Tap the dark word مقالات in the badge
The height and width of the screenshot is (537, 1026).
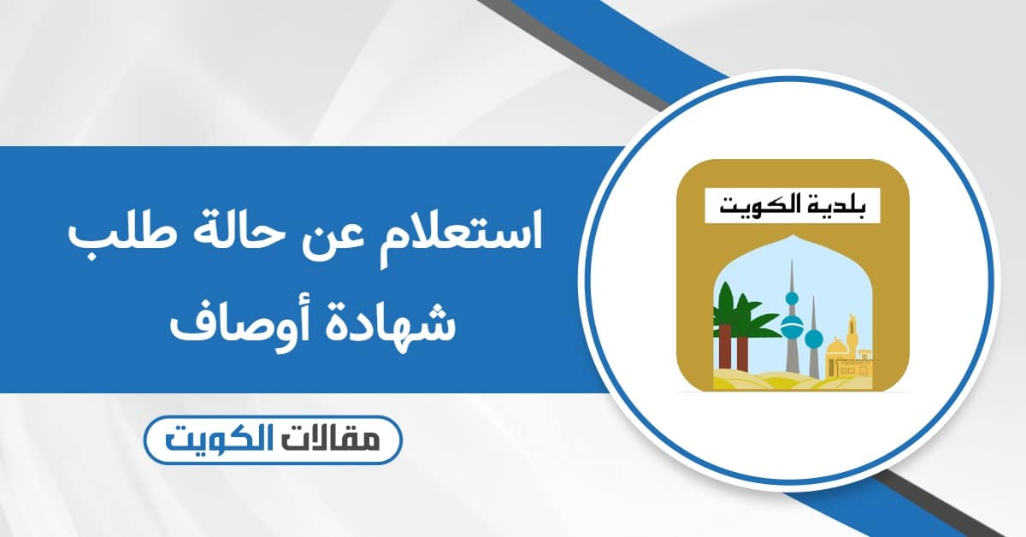coord(334,440)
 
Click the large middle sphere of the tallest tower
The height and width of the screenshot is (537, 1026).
coord(792,328)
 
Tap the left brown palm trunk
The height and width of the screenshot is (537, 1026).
coord(724,346)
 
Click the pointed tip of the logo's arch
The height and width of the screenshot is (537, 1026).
coord(793,234)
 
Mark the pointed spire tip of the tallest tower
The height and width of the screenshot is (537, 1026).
coord(792,262)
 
